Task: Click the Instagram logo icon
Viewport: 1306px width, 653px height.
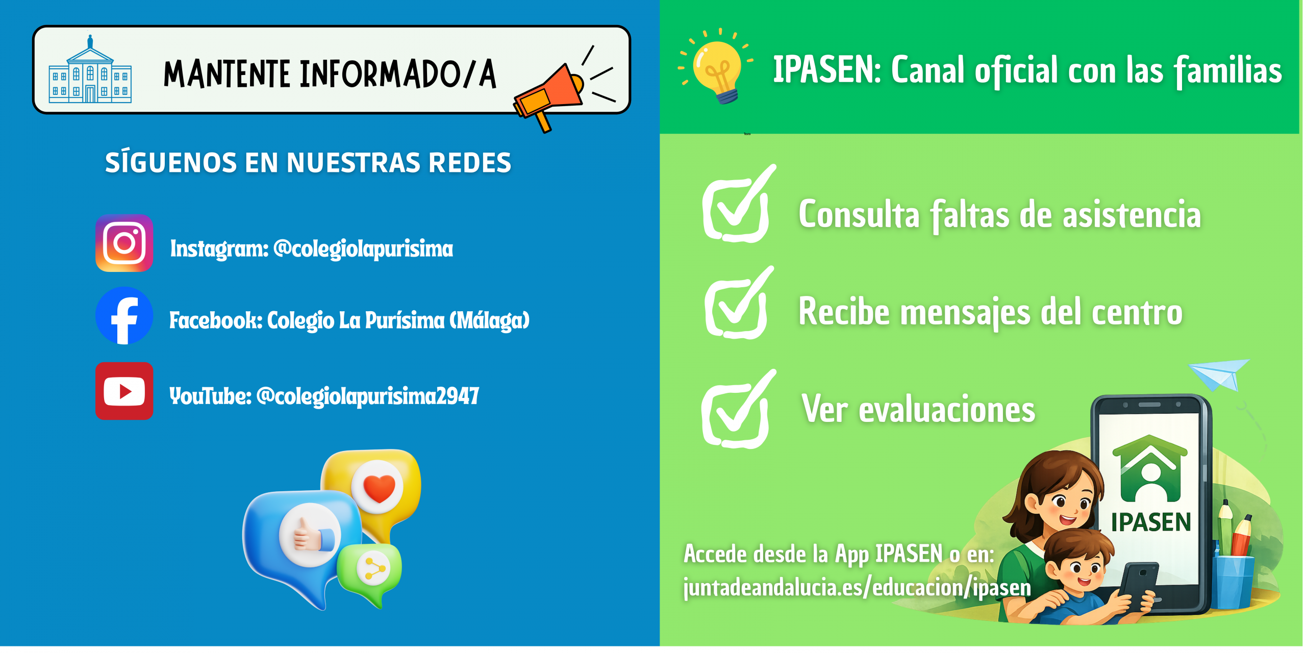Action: click(124, 243)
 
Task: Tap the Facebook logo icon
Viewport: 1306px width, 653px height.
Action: click(124, 315)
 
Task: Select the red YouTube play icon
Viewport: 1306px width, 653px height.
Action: click(124, 391)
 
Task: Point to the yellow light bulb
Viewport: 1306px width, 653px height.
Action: click(717, 69)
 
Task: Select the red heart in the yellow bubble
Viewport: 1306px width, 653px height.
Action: click(379, 487)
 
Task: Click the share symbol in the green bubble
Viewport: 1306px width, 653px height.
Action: click(374, 569)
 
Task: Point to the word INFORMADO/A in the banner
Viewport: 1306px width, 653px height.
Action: click(398, 74)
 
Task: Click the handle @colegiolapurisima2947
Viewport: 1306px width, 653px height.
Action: click(367, 396)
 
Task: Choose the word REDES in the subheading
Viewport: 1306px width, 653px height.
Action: click(470, 163)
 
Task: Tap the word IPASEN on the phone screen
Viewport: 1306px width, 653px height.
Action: click(1151, 522)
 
